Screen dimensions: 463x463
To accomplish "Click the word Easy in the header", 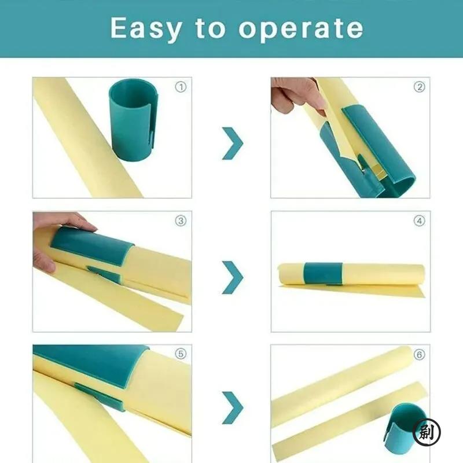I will click(x=145, y=28).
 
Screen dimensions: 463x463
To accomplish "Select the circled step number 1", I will click(x=181, y=87).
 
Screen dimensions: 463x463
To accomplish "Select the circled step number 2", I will click(x=419, y=87).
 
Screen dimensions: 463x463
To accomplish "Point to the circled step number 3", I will click(x=181, y=221).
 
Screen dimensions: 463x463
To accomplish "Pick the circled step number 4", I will click(x=419, y=221).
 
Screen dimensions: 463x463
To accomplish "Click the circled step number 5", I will click(x=181, y=353).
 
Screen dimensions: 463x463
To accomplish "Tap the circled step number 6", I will click(x=419, y=353).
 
